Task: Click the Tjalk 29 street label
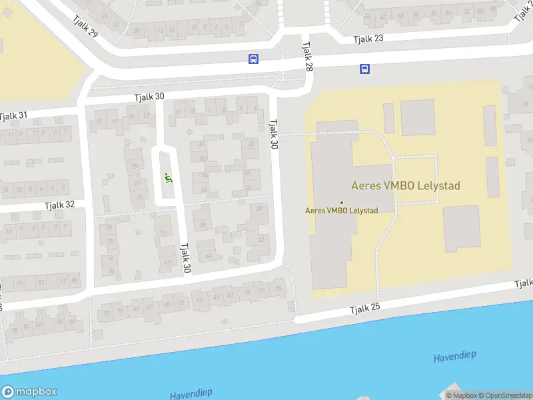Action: (85, 25)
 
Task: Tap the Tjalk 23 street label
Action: (369, 39)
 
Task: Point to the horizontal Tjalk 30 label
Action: (149, 97)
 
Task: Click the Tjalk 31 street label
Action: (14, 116)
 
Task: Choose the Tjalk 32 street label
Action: (60, 205)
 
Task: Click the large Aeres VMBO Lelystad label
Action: (406, 186)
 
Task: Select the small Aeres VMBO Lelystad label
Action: (341, 211)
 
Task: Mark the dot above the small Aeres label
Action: (342, 202)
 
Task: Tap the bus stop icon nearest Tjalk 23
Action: (364, 69)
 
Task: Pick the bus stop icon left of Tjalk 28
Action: (253, 59)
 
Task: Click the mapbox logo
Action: (29, 392)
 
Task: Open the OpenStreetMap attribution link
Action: (505, 395)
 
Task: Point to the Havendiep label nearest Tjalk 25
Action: (454, 357)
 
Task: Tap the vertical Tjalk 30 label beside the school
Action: (273, 133)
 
